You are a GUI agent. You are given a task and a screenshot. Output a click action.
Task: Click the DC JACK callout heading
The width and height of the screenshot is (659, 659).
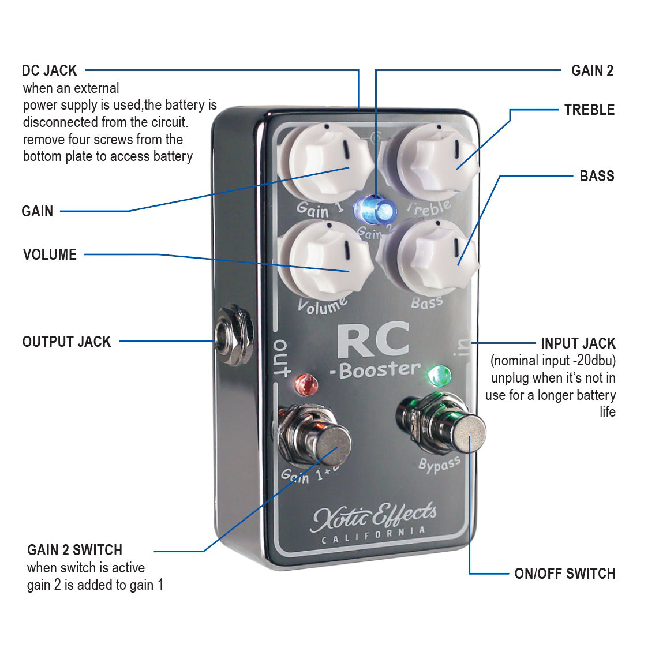(49, 70)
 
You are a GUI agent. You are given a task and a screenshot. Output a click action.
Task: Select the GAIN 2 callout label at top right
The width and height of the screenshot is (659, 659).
(592, 70)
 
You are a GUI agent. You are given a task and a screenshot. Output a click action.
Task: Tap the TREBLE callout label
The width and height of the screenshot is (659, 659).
(589, 110)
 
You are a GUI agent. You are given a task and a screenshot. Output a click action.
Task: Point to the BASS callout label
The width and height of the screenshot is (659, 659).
(597, 176)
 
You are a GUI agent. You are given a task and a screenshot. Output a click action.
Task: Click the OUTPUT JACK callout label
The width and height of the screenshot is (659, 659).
(66, 342)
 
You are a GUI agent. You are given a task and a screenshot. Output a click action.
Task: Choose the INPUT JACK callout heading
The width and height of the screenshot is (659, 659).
(578, 343)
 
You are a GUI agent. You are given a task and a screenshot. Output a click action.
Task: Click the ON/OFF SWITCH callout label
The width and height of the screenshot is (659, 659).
(564, 574)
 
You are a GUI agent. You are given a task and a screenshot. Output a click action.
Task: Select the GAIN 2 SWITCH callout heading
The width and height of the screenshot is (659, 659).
(74, 550)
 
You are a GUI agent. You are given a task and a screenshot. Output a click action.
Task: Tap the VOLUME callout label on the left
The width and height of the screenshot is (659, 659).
(50, 254)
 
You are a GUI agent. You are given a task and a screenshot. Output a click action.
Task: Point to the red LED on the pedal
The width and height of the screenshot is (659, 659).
(306, 383)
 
